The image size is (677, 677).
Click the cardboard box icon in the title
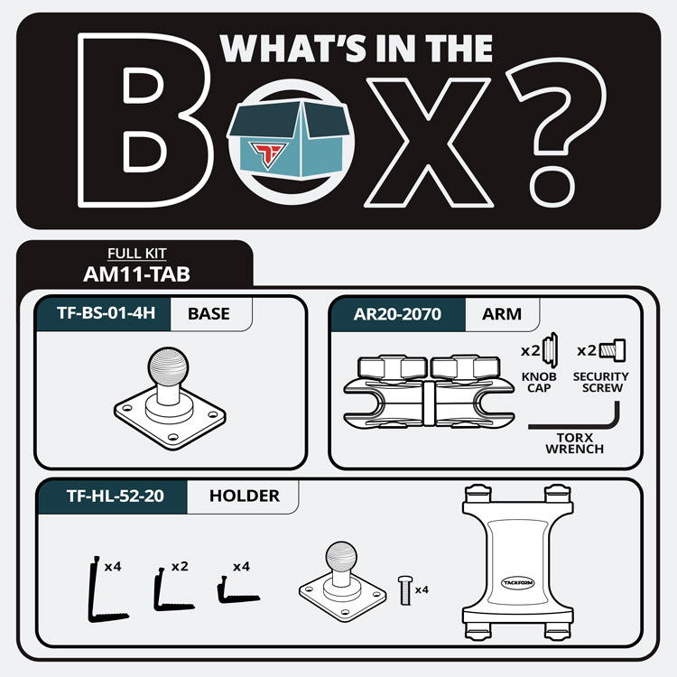(289, 139)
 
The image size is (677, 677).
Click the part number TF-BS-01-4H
(106, 313)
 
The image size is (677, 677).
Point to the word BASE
(209, 314)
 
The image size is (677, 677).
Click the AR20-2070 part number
(397, 314)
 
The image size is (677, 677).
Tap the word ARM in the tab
(501, 314)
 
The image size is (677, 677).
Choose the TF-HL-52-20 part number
(116, 496)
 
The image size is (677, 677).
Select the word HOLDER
(245, 496)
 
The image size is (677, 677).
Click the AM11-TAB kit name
(136, 274)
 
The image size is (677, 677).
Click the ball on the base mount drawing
(168, 366)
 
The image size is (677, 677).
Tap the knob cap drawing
(550, 350)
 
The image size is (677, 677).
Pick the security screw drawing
(613, 350)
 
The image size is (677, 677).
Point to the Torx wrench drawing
(574, 421)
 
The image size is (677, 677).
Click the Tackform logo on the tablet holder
(518, 583)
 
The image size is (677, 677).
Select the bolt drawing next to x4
(405, 590)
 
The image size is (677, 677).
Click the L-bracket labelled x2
(172, 590)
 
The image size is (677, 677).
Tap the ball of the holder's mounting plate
(341, 557)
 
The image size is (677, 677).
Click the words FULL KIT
(137, 254)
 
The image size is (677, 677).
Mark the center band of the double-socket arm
(428, 403)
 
